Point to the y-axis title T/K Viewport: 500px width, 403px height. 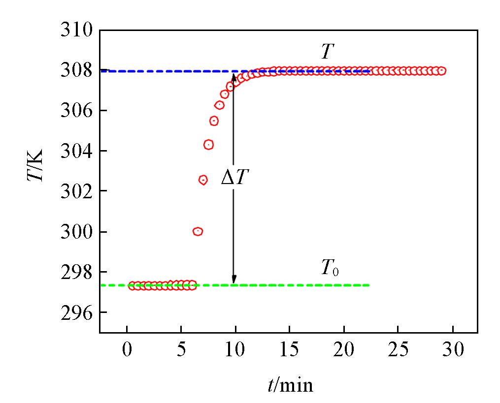click(x=35, y=164)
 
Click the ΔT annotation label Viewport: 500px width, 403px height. click(x=235, y=178)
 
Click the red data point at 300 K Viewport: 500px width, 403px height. click(x=198, y=231)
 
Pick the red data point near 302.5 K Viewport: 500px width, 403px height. click(x=203, y=180)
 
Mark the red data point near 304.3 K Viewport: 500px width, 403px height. click(x=208, y=145)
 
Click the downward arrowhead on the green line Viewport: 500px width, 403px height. click(x=234, y=279)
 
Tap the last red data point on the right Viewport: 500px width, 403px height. click(x=441, y=71)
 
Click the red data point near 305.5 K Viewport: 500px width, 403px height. click(x=214, y=121)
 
